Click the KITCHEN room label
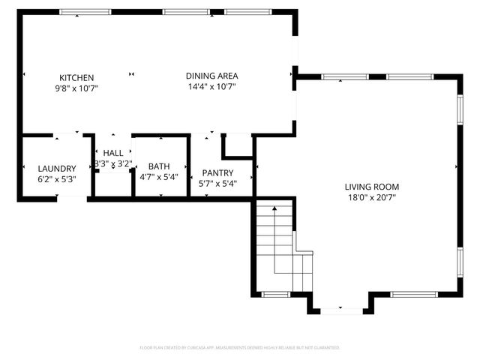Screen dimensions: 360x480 [76, 77]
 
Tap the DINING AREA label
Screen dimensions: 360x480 [212, 76]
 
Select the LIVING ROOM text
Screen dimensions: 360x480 [371, 187]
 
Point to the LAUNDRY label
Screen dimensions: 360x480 [56, 169]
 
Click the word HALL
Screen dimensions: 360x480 [113, 153]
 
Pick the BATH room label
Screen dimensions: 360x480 [158, 166]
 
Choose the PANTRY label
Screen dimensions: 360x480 [217, 172]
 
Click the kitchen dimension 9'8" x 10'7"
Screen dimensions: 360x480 [77, 88]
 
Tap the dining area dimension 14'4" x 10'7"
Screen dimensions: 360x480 [212, 86]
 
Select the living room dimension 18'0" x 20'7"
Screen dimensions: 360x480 [371, 197]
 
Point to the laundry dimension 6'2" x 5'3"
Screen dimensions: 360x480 [56, 179]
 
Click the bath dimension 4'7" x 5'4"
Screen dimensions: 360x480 [158, 177]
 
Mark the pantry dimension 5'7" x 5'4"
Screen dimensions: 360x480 [217, 183]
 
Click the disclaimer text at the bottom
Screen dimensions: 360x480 [240, 348]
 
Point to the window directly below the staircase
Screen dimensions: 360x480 [274, 292]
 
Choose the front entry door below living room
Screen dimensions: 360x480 [341, 309]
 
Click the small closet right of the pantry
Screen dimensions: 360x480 [238, 145]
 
